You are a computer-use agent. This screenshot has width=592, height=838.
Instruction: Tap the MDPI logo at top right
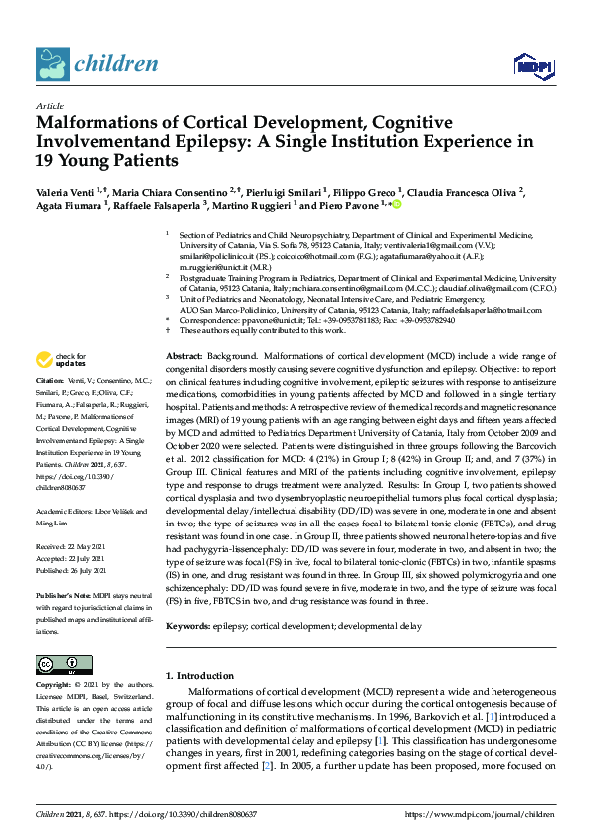(533, 66)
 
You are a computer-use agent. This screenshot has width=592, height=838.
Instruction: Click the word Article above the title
(49, 105)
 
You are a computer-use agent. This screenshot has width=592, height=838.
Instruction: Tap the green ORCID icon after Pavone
(397, 205)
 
